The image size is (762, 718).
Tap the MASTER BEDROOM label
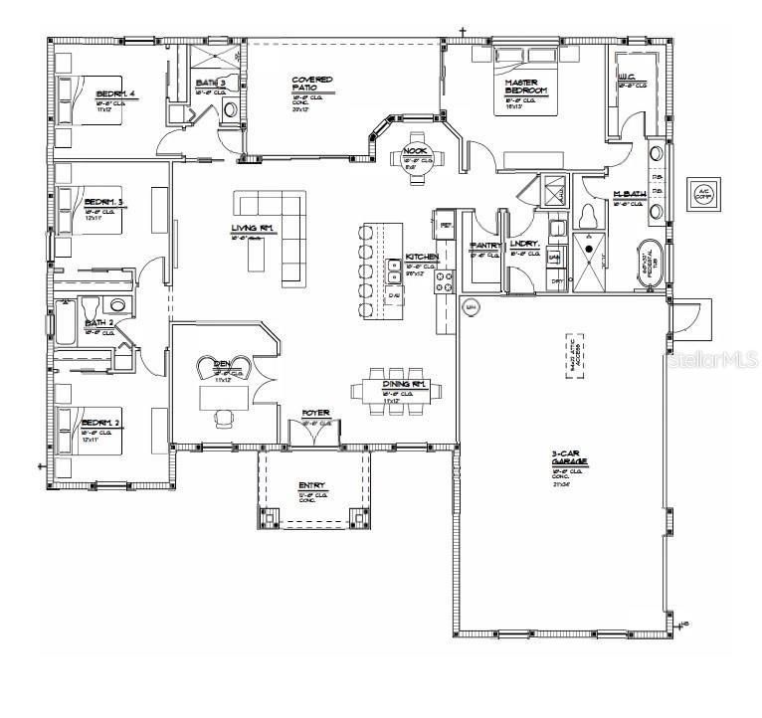[x=526, y=87]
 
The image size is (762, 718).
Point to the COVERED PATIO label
[x=311, y=83]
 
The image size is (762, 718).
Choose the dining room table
[x=405, y=390]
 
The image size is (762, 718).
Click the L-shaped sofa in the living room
[x=276, y=228]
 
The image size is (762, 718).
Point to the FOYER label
[x=316, y=412]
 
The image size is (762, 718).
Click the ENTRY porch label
[x=311, y=486]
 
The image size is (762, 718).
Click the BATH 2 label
[x=98, y=323]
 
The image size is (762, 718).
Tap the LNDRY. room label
[x=523, y=244]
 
